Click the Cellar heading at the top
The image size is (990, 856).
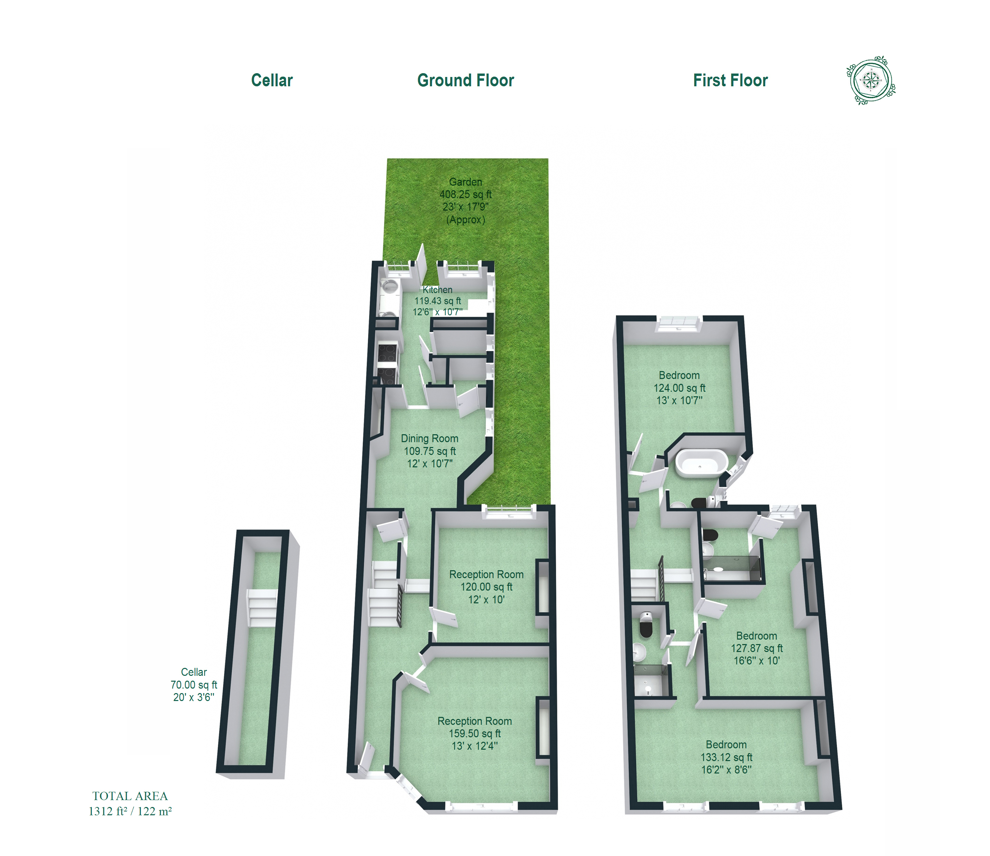tap(272, 80)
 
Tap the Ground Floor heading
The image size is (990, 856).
tap(465, 80)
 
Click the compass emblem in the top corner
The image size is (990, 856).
tap(871, 80)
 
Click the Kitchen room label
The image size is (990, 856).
tap(437, 290)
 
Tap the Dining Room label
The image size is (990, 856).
tap(430, 438)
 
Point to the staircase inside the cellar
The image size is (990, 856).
tap(262, 607)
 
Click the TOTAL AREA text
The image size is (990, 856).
tap(130, 796)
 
